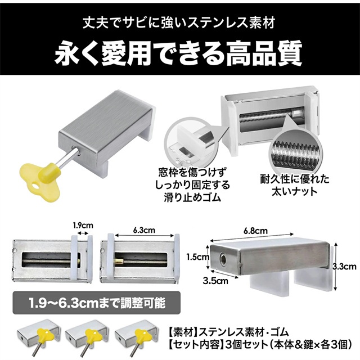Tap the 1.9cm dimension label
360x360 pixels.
[83, 226]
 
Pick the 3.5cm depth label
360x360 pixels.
[215, 281]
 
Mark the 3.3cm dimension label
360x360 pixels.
[344, 267]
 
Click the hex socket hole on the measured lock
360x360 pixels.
[223, 258]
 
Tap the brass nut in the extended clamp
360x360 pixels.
[120, 261]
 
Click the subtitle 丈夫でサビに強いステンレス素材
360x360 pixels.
[179, 23]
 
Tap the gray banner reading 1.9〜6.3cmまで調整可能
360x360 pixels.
[97, 303]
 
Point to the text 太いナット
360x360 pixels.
[295, 191]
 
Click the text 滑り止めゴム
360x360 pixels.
[192, 197]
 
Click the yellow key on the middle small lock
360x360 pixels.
[90, 334]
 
